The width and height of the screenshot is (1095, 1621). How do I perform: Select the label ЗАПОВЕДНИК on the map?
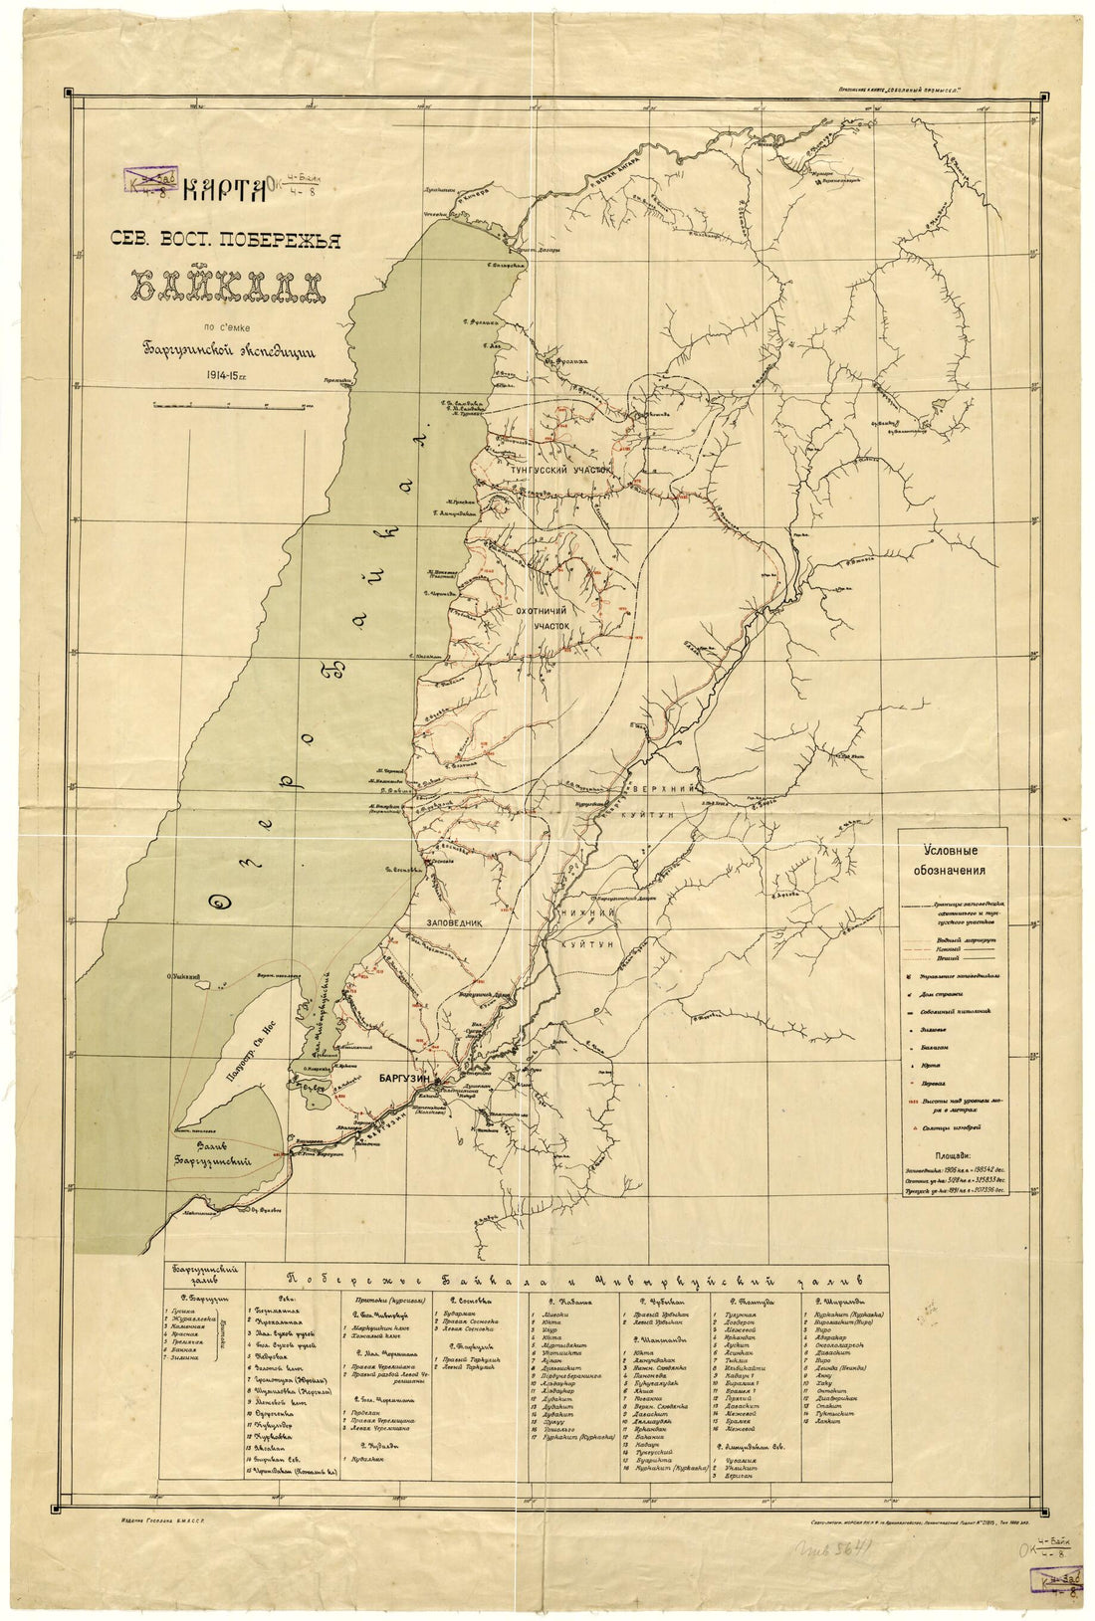455,922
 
